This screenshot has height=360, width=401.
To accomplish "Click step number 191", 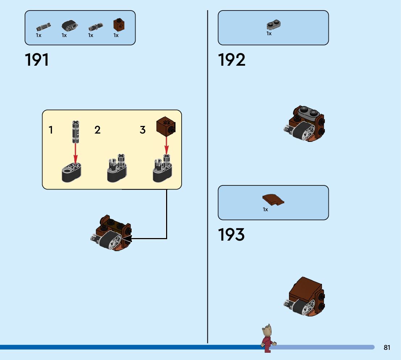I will coord(37,60).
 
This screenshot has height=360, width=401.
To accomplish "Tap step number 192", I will coord(231,60).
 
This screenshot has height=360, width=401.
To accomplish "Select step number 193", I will coord(231,235).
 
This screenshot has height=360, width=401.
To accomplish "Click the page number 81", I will coord(387,348).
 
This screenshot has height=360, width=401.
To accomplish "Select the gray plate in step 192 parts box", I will coord(274,25).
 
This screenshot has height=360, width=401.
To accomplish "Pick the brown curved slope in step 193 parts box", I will coord(272,200).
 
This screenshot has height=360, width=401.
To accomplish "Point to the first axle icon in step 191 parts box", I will coord(43,27).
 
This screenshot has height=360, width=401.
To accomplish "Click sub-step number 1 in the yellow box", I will coord(51,130).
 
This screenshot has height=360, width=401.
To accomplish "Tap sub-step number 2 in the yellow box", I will coord(97,130).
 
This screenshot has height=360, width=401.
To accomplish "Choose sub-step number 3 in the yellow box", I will coord(142,130).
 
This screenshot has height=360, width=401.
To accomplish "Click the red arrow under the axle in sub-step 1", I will coord(75,154).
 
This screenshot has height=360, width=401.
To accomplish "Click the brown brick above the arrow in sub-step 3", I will coord(166,126).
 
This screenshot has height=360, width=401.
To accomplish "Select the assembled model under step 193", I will coord(304,296).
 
